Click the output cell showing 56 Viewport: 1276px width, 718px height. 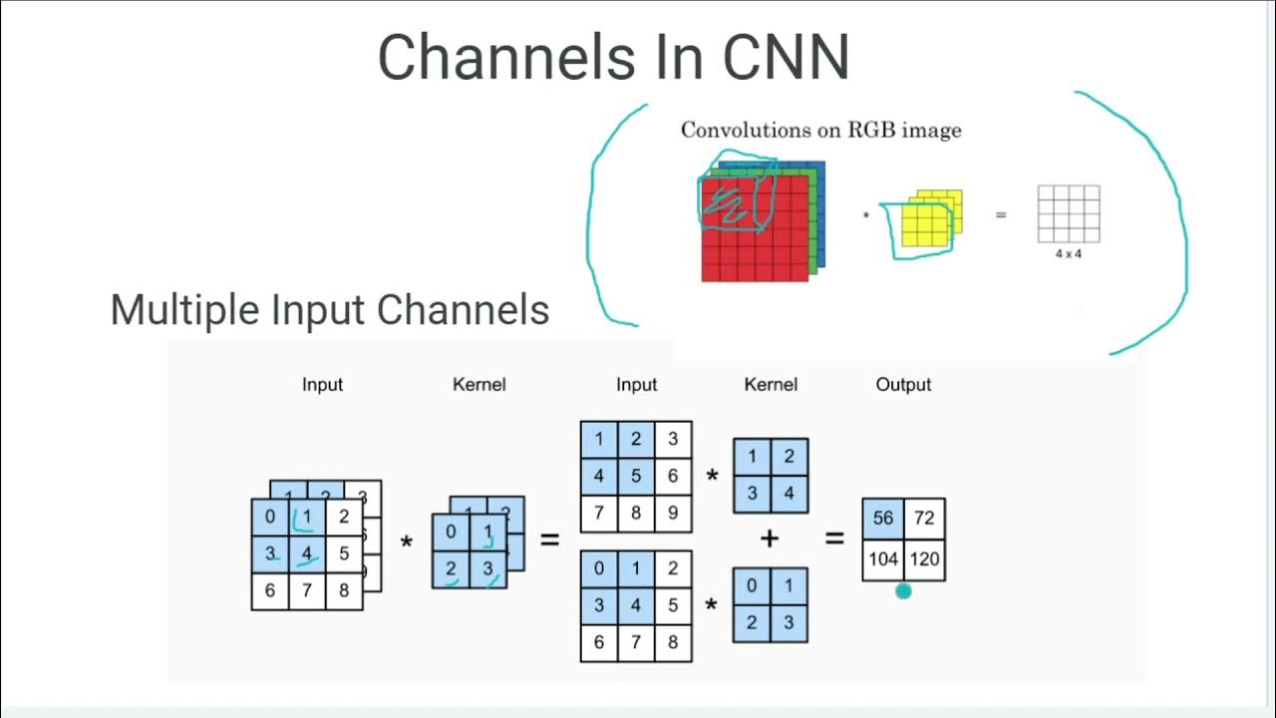click(883, 519)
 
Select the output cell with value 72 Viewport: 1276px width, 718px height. click(924, 519)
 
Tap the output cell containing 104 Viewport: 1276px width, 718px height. click(883, 559)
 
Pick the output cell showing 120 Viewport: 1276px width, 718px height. click(924, 559)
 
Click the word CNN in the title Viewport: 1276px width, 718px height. click(786, 57)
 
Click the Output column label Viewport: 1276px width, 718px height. click(903, 384)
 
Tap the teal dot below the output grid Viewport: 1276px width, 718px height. click(903, 591)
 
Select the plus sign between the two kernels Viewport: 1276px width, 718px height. click(770, 539)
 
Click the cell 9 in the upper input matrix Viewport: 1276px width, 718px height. click(673, 513)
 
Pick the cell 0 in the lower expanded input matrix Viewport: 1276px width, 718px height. click(599, 568)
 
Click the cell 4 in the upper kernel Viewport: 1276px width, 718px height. click(789, 494)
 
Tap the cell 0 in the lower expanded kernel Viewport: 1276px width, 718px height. click(752, 586)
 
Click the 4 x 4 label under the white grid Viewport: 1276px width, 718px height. click(1068, 254)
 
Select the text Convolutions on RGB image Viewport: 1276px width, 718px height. click(820, 130)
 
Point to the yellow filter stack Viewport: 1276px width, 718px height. click(931, 217)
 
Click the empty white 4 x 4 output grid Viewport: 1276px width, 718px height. click(1068, 213)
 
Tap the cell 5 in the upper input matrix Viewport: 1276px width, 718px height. click(636, 476)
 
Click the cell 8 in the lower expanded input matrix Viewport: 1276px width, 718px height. click(673, 642)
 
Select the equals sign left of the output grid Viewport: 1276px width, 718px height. click(834, 539)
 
